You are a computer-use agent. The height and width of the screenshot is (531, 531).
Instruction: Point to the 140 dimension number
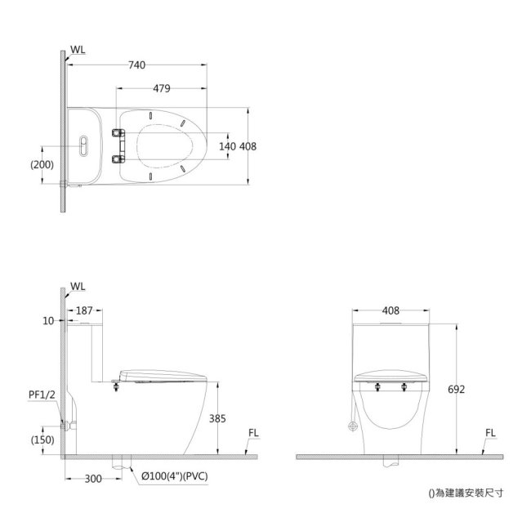coord(228,146)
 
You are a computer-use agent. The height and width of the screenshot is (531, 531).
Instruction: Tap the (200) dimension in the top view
coord(42,163)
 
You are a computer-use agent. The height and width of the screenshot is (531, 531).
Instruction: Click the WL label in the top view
coord(78,50)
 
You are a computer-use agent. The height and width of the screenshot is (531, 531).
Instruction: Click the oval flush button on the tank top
coord(82,145)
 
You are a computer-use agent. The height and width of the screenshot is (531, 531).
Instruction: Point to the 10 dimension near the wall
coord(48,321)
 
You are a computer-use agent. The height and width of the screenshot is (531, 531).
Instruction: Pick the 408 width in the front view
coord(390,310)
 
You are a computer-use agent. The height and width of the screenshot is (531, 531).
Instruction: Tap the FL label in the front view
coord(490,433)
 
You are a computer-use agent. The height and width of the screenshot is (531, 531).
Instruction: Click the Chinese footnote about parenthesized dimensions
coord(466,493)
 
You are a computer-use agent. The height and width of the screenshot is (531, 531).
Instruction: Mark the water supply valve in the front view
coord(353,426)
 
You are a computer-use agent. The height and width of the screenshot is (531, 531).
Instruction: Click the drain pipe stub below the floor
coord(123,464)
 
